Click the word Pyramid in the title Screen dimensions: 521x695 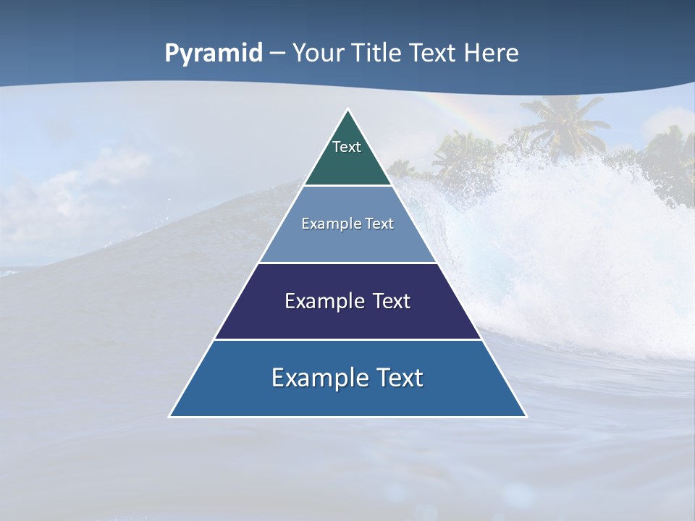[x=214, y=54]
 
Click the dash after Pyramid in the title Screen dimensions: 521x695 [x=277, y=54]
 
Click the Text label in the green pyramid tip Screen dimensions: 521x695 [x=347, y=147]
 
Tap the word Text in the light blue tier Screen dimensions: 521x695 [x=378, y=224]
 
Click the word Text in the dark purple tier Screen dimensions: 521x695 [x=392, y=301]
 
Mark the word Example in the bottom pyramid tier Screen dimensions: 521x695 [x=315, y=378]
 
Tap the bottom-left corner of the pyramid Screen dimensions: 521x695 [x=170, y=416]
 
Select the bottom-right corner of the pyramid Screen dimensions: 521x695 [x=526, y=416]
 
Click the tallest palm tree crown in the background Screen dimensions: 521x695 [x=561, y=119]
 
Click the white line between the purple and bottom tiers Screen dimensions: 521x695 [x=347, y=339]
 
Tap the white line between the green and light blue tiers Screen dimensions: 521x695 [x=347, y=186]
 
